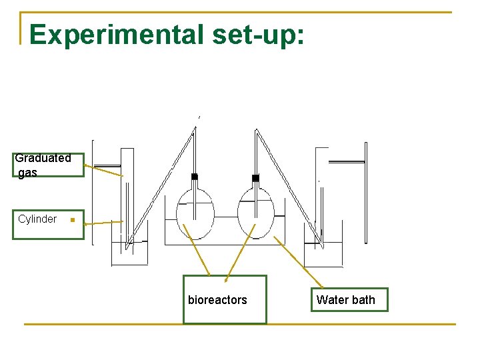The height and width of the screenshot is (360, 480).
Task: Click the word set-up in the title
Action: (x=259, y=35)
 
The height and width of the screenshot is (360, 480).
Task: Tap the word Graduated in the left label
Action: (x=43, y=158)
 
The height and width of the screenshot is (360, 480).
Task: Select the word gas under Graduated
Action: (x=27, y=173)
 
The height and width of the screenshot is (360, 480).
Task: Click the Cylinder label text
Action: (x=37, y=219)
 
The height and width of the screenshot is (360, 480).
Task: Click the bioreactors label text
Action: (x=217, y=300)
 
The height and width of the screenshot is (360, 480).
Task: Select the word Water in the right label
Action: (x=332, y=300)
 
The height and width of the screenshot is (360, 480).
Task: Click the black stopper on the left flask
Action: (x=195, y=177)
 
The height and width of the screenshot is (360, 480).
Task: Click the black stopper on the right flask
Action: (x=255, y=178)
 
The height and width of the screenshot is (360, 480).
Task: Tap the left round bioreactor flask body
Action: (x=195, y=217)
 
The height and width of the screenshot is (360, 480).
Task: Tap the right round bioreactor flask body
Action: (x=256, y=217)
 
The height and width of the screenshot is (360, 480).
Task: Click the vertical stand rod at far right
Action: (x=365, y=193)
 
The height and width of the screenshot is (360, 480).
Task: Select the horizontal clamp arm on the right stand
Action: (x=347, y=161)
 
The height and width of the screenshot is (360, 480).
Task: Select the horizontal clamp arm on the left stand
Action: (x=107, y=166)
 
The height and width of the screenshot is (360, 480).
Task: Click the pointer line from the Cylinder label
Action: (x=103, y=222)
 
